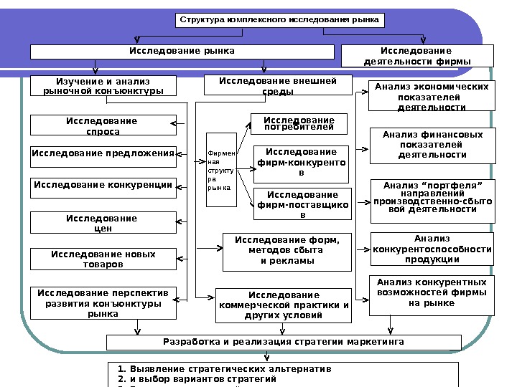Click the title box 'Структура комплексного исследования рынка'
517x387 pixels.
(x=280, y=20)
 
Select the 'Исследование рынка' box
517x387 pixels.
(x=182, y=52)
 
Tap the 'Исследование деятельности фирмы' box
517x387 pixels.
(x=416, y=56)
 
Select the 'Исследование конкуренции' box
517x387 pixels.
(x=103, y=187)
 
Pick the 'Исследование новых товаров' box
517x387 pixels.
(x=103, y=259)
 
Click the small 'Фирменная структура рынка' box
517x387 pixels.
(x=220, y=170)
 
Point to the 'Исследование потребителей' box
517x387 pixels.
(x=299, y=123)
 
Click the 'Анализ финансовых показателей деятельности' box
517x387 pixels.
(x=432, y=145)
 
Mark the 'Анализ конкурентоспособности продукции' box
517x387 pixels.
(x=432, y=249)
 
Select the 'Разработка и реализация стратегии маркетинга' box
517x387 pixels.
(x=283, y=342)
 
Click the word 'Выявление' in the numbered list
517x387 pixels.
(x=153, y=370)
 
